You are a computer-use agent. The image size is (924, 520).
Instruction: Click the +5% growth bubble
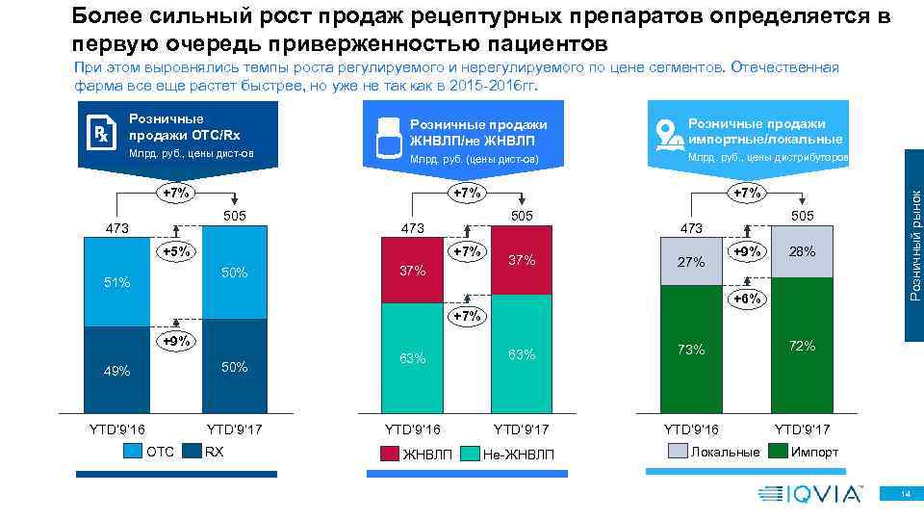(177, 252)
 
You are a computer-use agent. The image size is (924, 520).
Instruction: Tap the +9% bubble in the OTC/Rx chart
(177, 340)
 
